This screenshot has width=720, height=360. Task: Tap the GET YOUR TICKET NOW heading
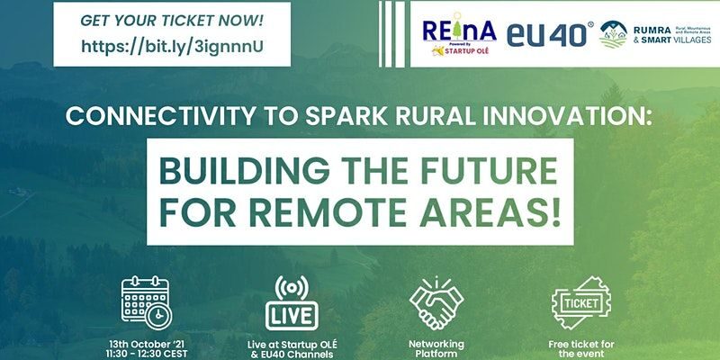[x=172, y=18]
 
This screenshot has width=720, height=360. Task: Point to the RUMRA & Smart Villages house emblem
[x=614, y=35]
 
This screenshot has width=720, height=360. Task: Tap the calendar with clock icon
[x=146, y=301]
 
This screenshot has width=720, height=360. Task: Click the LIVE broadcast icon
[x=292, y=301]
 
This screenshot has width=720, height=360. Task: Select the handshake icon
[x=436, y=301]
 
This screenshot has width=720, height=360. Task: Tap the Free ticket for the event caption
[x=580, y=349]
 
